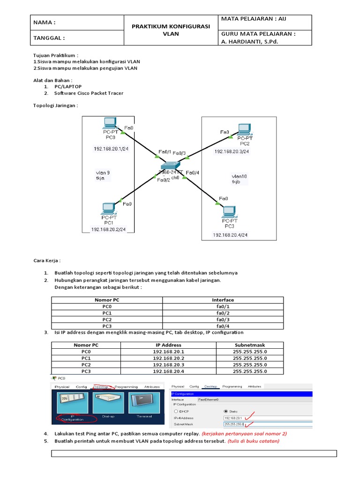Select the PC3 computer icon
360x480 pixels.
(x=229, y=211)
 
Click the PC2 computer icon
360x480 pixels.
(x=244, y=129)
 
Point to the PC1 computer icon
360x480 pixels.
(x=109, y=208)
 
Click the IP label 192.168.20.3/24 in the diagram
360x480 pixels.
(x=232, y=151)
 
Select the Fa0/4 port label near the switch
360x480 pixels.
(x=193, y=173)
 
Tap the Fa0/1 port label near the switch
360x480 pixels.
(x=165, y=152)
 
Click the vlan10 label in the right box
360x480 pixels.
(x=239, y=177)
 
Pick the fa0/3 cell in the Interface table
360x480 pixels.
(x=223, y=319)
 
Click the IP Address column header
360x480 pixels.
(x=168, y=345)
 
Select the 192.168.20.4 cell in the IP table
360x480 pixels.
(x=168, y=371)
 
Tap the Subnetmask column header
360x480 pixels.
(x=249, y=345)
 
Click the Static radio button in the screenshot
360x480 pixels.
(x=226, y=411)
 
